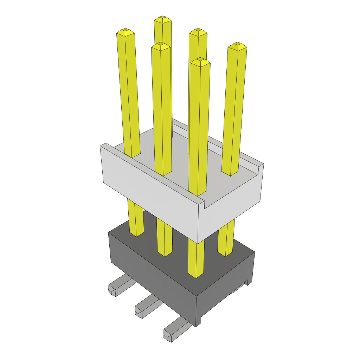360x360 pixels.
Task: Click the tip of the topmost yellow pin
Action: pyautogui.click(x=162, y=19)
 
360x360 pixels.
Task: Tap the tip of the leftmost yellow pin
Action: pyautogui.click(x=126, y=32)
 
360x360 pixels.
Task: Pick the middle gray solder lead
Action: pyautogui.click(x=145, y=307)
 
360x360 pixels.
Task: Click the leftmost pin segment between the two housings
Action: pyautogui.click(x=136, y=218)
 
